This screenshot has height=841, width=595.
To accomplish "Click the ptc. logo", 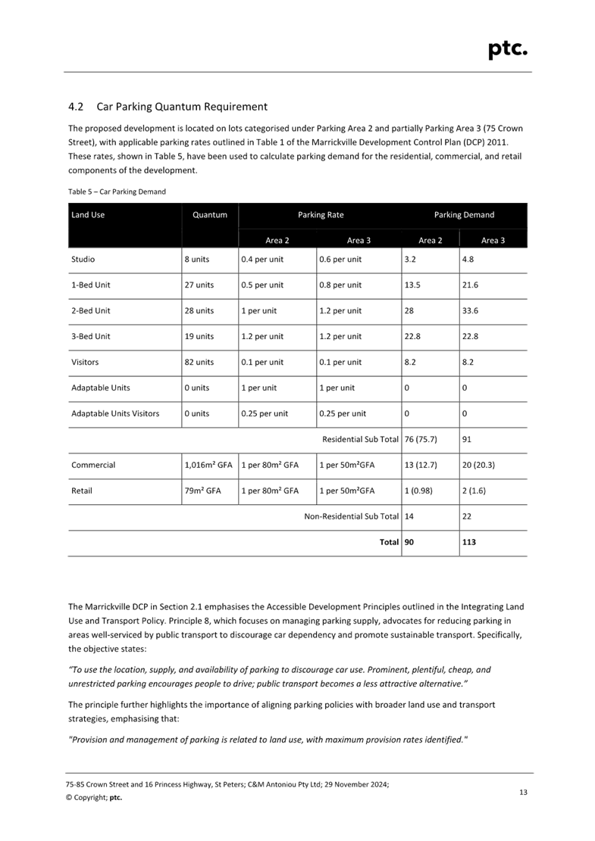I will coord(507,49).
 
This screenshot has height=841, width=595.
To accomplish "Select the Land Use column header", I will coord(88,215).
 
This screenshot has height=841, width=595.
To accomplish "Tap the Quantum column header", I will coord(210,215).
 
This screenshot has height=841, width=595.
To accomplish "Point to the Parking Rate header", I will coord(320,215).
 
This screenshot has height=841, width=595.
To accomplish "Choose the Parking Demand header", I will coord(464,215).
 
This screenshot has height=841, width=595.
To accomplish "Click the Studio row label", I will coord(83,260).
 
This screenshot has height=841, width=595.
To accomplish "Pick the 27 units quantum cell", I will coord(198,285).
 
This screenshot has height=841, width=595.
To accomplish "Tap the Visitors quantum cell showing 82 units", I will coord(198,362).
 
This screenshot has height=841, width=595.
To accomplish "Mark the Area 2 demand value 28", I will coord(409,310).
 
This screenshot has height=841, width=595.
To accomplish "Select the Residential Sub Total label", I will coord(360,439).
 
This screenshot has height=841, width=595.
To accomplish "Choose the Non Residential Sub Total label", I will coord(351,516).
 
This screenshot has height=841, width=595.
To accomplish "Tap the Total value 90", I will coord(409,542).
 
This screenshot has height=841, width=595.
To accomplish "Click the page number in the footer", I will coord(522,792).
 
